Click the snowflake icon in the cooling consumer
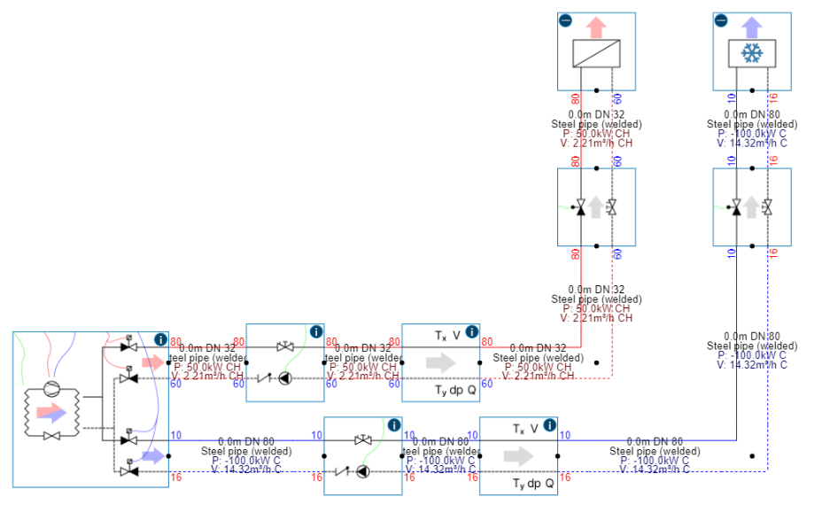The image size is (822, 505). (752, 55)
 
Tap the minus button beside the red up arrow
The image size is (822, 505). (565, 20)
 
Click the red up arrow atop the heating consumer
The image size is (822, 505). (596, 25)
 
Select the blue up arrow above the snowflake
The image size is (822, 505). (752, 25)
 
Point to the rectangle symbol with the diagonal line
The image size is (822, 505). (596, 55)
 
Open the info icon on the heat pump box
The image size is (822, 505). (160, 339)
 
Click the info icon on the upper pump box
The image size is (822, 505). (316, 332)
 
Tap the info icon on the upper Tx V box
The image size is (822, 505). (472, 332)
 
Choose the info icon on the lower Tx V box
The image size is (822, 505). (550, 425)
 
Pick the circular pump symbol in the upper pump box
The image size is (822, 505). (285, 377)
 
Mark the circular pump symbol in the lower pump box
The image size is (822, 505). (363, 471)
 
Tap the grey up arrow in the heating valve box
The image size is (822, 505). (596, 207)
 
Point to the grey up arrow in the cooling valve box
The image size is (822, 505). (752, 207)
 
